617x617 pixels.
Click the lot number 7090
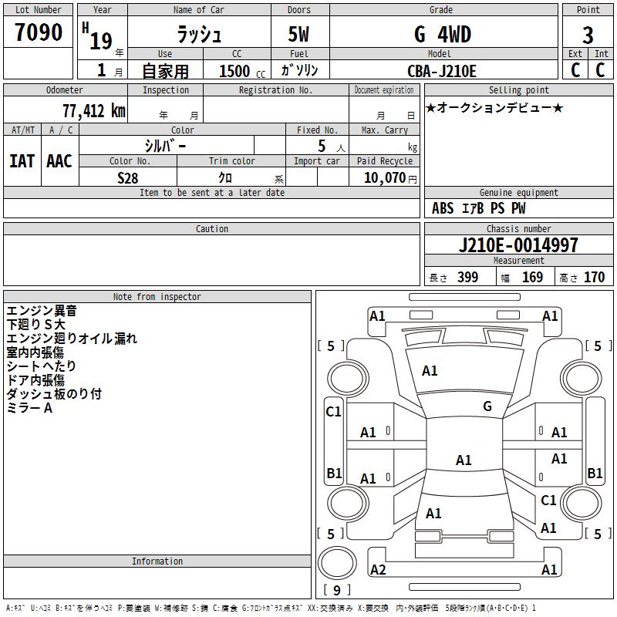[x=39, y=32]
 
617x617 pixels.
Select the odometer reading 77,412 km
[x=93, y=111]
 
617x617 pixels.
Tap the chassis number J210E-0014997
[x=518, y=245]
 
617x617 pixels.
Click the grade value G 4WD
[x=443, y=34]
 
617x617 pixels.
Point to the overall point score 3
[x=588, y=35]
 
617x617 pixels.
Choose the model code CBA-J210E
[x=441, y=71]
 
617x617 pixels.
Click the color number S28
[x=128, y=178]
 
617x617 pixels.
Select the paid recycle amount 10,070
[x=384, y=177]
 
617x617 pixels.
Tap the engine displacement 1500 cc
[x=242, y=71]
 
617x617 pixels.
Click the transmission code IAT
[x=22, y=161]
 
